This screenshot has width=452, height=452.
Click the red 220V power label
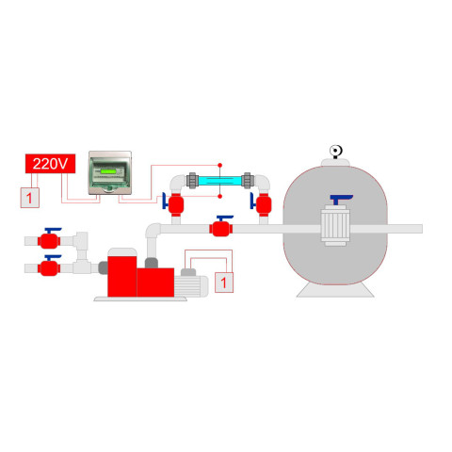[50, 164]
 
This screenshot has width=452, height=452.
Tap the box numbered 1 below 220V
[30, 198]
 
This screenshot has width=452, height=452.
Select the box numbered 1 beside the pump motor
[224, 282]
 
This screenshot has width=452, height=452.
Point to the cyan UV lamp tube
[220, 181]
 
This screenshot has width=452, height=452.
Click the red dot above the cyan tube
[220, 165]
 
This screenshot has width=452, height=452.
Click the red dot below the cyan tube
[220, 196]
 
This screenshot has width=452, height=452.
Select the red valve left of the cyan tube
[175, 204]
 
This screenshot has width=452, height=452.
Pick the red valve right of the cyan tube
[263, 204]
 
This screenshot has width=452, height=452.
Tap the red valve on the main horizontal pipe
[221, 227]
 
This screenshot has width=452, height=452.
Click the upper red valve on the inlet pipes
[49, 239]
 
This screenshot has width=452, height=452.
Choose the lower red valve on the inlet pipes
[49, 266]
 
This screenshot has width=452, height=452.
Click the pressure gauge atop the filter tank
[335, 152]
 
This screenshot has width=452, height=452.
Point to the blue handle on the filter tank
[341, 199]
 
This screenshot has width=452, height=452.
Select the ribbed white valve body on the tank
[335, 225]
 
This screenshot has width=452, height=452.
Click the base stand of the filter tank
[335, 290]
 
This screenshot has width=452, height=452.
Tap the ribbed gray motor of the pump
[191, 286]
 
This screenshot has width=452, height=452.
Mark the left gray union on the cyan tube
[192, 181]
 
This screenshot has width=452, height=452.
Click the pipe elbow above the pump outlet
[153, 232]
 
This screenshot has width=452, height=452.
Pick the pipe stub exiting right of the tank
[405, 229]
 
